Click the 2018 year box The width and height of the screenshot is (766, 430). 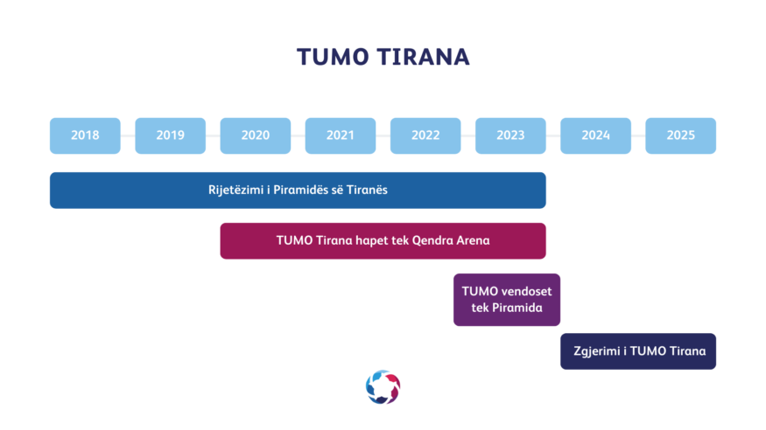pos(85,135)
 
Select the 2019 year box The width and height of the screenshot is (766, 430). pos(171,135)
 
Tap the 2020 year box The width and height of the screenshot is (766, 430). pos(256,135)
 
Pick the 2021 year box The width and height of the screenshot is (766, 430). pos(341,135)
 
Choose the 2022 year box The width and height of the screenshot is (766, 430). pos(425,135)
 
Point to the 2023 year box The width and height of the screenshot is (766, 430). pos(510,135)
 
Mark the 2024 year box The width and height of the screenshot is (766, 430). pos(595,135)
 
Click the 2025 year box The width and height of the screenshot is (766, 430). pos(680,135)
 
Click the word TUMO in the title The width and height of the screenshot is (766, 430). pos(333,57)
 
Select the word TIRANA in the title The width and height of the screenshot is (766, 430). pos(424,57)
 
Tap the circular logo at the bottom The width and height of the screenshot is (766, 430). pos(383,387)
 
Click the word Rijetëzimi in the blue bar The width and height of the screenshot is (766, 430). pos(236,191)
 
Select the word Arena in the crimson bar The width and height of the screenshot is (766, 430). pos(472,240)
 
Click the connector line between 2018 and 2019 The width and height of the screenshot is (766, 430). pos(128,135)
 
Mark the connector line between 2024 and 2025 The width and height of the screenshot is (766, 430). pos(638,135)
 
